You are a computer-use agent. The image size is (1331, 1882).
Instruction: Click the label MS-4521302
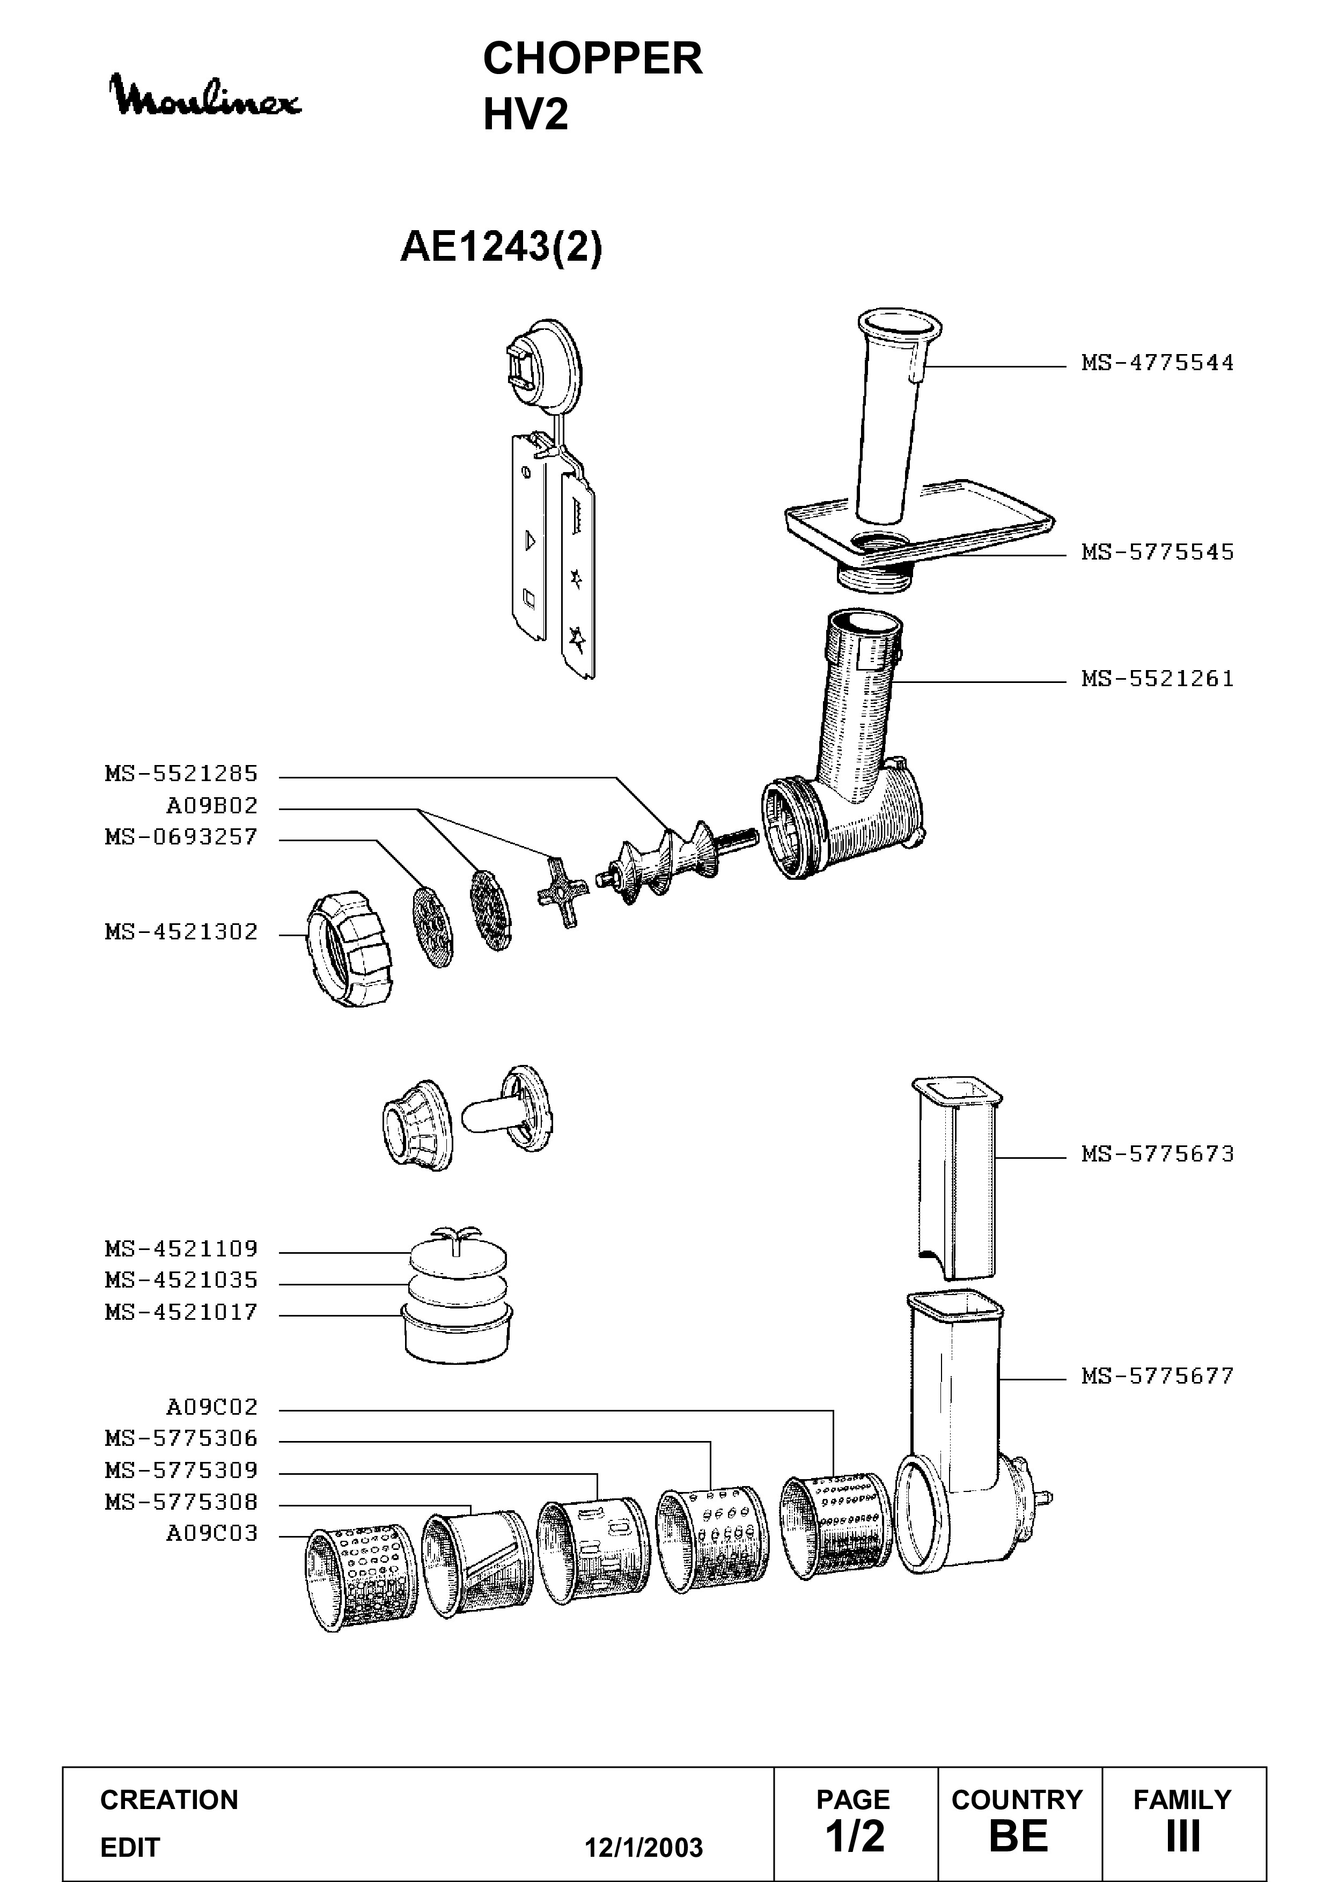(181, 932)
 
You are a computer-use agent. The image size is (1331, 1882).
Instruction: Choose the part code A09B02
(212, 806)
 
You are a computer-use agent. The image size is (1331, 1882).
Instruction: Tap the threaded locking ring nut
(348, 950)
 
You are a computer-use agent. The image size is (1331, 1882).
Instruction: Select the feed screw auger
(676, 860)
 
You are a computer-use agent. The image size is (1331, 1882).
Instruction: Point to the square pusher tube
(957, 1178)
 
